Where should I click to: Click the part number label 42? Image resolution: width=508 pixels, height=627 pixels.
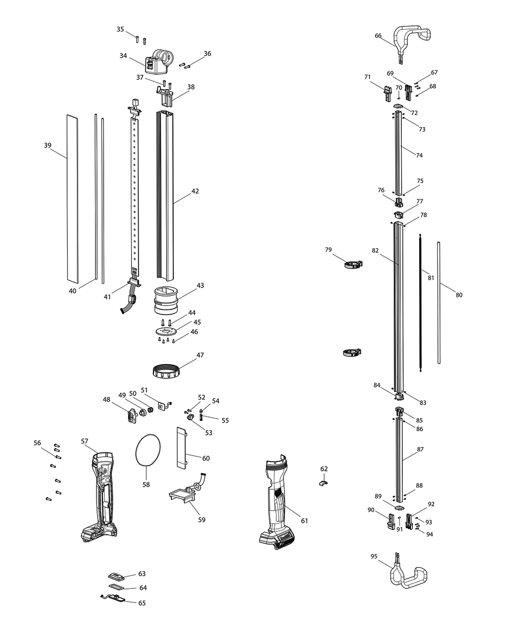[x=195, y=191]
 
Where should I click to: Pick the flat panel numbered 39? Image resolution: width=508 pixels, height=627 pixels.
[x=73, y=199]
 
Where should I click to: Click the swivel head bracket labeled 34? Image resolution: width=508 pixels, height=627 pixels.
[x=157, y=63]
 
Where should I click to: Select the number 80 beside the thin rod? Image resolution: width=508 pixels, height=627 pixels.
[x=459, y=295]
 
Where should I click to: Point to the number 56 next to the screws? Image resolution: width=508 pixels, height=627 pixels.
[x=37, y=443]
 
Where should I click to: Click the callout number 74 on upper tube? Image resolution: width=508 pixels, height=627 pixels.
[x=419, y=155]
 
